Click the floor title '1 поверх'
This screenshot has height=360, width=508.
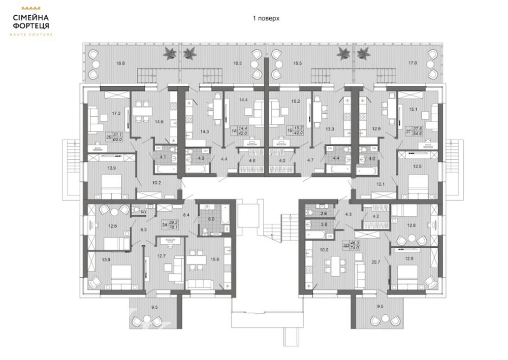pyautogui.click(x=266, y=18)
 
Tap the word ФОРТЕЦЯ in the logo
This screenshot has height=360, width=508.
pyautogui.click(x=31, y=25)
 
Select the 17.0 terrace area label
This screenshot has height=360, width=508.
pyautogui.click(x=412, y=63)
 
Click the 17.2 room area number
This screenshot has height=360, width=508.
pyautogui.click(x=116, y=114)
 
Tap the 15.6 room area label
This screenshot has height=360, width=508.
pyautogui.click(x=214, y=259)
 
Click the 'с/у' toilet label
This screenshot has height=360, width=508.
pyautogui.click(x=143, y=211)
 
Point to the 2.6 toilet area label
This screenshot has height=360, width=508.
pyautogui.click(x=323, y=214)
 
